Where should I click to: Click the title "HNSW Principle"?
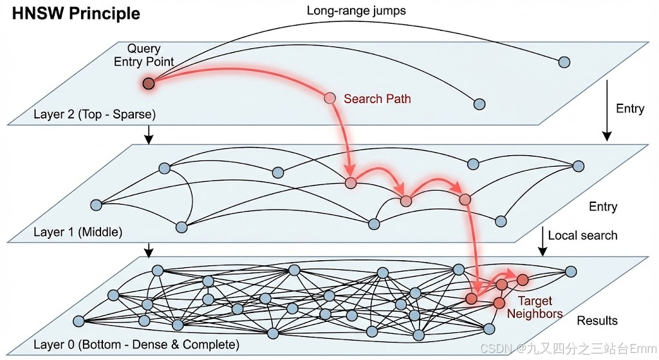[71, 13]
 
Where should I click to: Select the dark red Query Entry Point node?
[149, 83]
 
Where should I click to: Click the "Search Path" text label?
[377, 99]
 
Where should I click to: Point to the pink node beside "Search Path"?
[330, 98]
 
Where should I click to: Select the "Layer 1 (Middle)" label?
[78, 231]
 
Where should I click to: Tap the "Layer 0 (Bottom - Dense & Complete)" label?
[136, 345]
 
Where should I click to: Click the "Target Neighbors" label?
[534, 307]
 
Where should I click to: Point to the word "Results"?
[597, 321]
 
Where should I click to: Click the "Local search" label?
[582, 236]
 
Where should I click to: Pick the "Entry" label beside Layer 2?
[630, 108]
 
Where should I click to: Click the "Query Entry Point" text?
[144, 55]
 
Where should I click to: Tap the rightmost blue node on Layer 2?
[564, 62]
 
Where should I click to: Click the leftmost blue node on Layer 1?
[97, 205]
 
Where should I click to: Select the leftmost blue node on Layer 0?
[79, 321]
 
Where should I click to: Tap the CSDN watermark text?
[568, 348]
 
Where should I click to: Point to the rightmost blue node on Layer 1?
[578, 166]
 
